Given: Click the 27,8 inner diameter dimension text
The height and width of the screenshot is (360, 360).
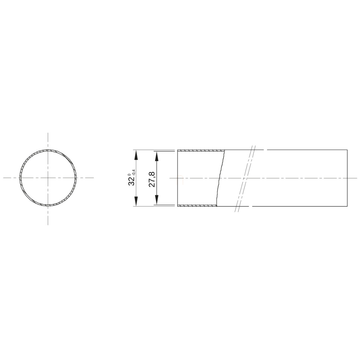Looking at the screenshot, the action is (153, 179).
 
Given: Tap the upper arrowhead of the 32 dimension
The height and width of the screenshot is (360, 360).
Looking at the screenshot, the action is (136, 155).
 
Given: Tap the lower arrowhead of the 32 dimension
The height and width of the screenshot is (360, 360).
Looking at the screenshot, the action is (136, 201).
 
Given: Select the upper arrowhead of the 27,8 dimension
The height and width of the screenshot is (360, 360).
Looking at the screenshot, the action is (157, 156).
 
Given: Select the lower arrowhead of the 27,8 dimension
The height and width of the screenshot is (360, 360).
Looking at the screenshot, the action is (157, 200).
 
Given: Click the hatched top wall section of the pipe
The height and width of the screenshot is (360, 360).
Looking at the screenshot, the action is (201, 150).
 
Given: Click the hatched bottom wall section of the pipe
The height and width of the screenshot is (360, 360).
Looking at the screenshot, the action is (197, 205).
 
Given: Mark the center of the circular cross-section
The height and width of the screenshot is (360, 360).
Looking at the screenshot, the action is (48, 178).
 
